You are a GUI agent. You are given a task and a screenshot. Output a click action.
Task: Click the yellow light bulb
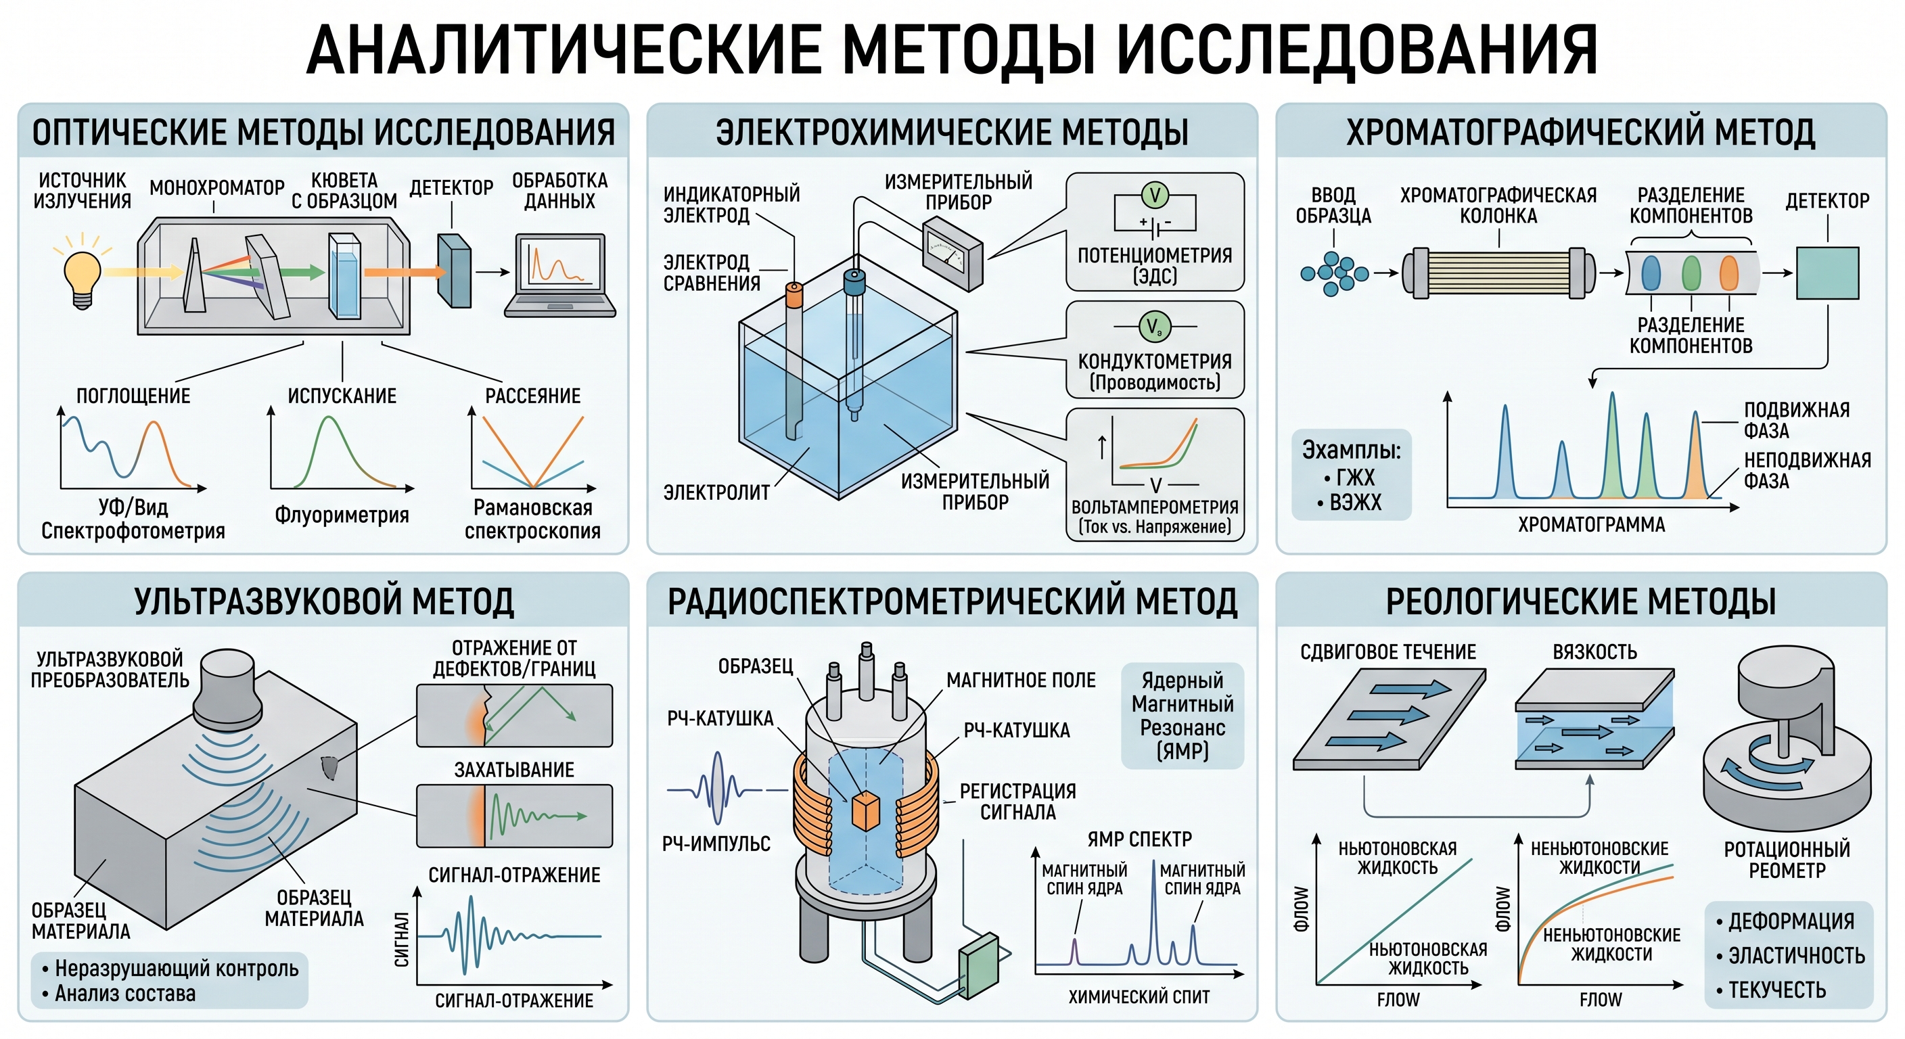pos(82,279)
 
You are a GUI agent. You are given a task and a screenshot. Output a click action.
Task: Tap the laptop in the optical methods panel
pos(561,275)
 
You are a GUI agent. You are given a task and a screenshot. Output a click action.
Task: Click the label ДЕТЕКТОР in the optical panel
pos(451,188)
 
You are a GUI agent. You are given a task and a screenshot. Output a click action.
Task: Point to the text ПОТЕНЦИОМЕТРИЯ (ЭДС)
pos(1154,265)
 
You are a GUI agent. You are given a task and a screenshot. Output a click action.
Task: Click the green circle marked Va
pos(1153,326)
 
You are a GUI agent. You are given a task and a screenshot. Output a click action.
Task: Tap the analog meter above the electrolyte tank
pos(952,253)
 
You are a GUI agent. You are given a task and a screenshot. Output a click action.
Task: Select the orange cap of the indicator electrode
pos(794,295)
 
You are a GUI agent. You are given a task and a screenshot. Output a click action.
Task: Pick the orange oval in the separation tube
pos(1728,272)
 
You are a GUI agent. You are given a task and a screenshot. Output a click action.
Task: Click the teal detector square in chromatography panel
pos(1827,273)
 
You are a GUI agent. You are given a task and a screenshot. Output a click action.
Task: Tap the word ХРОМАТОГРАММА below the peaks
pos(1591,524)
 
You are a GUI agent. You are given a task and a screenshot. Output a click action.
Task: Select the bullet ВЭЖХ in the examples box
pos(1349,503)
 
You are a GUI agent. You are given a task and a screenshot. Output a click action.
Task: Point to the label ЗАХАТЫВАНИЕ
pos(514,770)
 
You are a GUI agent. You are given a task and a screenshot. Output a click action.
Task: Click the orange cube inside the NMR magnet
pos(866,811)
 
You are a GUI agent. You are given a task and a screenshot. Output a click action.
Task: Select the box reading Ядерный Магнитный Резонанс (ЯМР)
pos(1183,715)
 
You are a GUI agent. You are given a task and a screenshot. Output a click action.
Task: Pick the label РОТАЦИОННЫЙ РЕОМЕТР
pos(1787,859)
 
